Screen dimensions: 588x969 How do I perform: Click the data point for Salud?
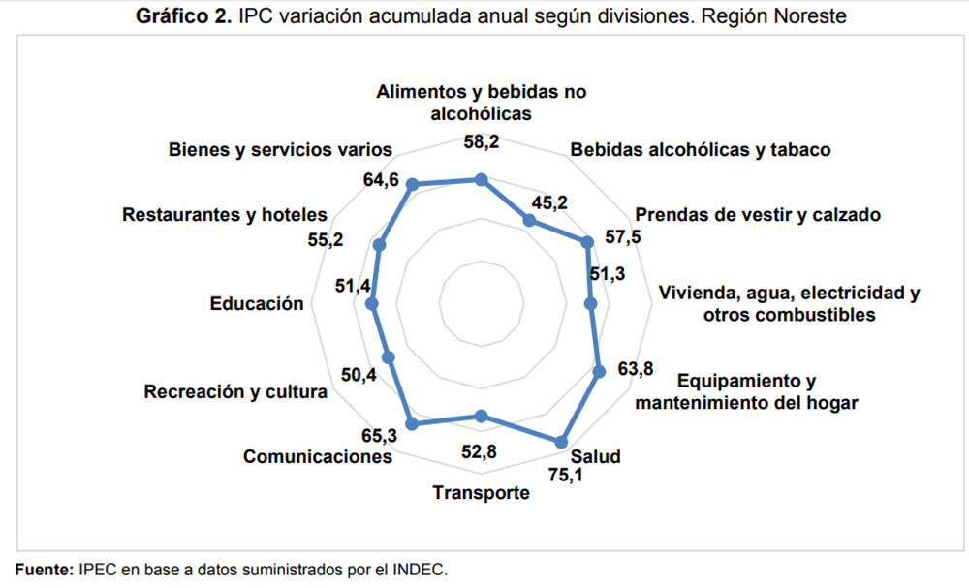(560, 442)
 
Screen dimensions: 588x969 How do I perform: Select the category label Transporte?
(482, 493)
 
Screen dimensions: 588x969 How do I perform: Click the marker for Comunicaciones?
(411, 423)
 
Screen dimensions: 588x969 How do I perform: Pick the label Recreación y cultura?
(235, 392)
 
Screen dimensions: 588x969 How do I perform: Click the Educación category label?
(257, 303)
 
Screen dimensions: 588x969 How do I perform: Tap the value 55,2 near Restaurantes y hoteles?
(327, 241)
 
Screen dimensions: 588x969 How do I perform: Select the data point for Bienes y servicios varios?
(411, 185)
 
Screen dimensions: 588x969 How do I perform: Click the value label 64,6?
(377, 181)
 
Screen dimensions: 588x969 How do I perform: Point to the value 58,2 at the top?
(483, 142)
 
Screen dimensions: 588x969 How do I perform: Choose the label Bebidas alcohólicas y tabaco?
(701, 150)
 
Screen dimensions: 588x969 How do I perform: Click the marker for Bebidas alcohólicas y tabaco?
(529, 221)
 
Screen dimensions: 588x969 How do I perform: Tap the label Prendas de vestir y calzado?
(757, 215)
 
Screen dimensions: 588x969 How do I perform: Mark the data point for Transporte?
(483, 417)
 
